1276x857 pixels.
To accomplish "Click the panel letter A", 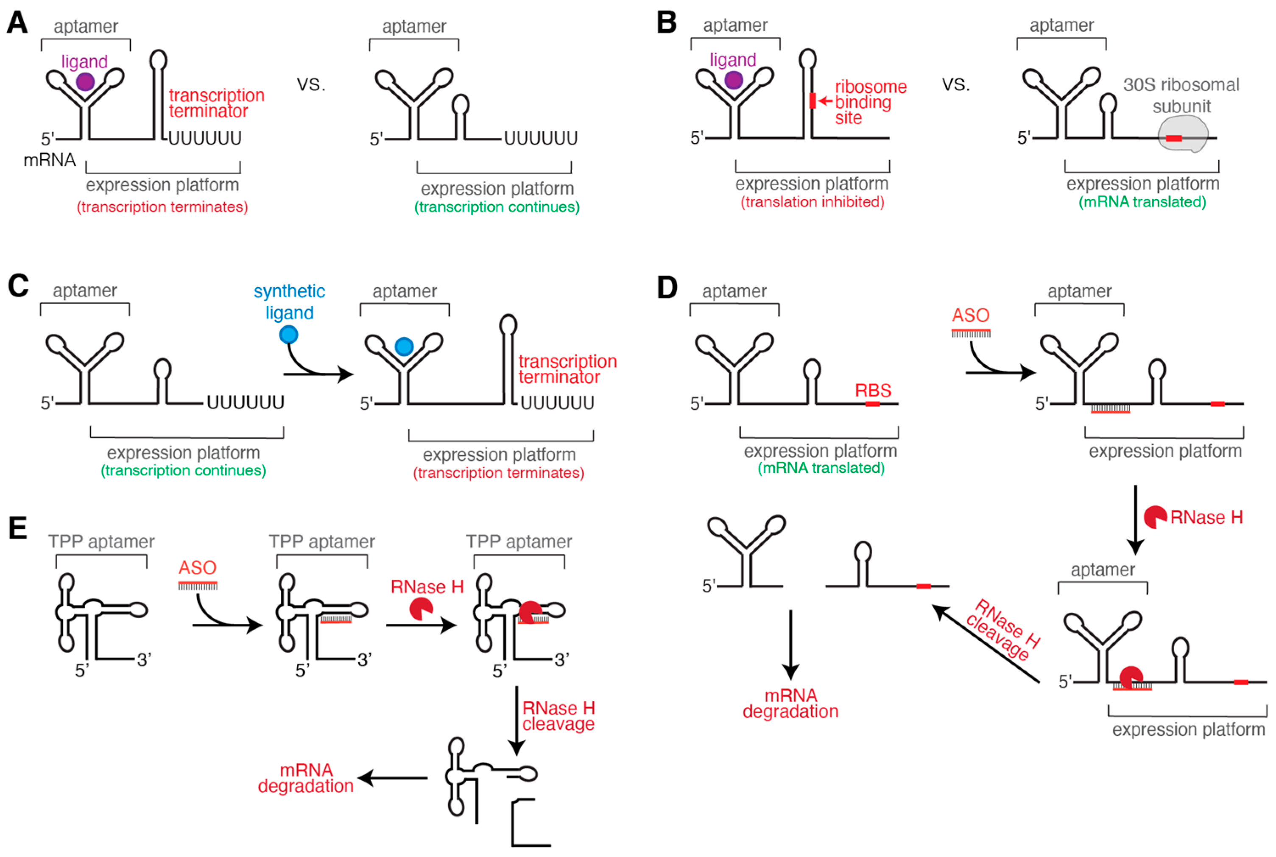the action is (17, 23).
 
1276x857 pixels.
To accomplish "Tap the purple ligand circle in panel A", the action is (85, 82).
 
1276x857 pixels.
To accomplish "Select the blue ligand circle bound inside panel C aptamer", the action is (404, 346).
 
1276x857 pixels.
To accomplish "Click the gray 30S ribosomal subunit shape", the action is (1183, 135).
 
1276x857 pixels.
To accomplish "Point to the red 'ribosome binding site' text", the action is (871, 102).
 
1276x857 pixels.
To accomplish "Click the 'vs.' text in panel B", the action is (956, 85).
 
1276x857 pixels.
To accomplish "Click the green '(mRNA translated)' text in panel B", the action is (1142, 202).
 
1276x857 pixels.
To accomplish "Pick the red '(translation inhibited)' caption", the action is (812, 202).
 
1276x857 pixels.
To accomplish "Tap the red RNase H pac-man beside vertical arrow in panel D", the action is (1155, 517).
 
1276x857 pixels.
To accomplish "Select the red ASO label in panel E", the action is (197, 568).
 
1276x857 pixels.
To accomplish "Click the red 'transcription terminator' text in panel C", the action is (567, 369).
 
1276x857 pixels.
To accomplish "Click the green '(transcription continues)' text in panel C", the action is (183, 471).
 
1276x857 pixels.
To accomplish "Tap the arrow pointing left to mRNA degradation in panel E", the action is (392, 778).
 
